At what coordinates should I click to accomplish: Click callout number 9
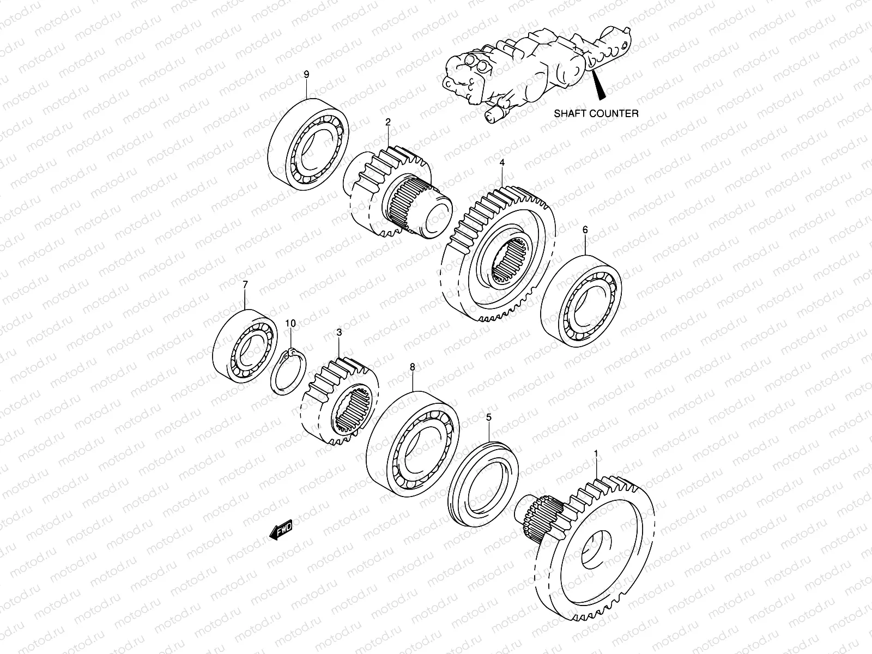coord(306,74)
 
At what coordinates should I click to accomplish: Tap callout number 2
coord(388,123)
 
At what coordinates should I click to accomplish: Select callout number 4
coord(502,162)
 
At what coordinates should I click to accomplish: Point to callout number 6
coord(585,230)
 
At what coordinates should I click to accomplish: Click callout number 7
coord(245,284)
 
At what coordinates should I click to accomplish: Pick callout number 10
coord(290,324)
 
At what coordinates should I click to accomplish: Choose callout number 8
coord(412,367)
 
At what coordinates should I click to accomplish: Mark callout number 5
coord(489,417)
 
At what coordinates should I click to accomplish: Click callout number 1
coord(596,453)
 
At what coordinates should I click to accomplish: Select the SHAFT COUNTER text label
coord(596,114)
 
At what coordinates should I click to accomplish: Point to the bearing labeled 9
coord(308,144)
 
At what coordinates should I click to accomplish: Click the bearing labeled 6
coord(581,300)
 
